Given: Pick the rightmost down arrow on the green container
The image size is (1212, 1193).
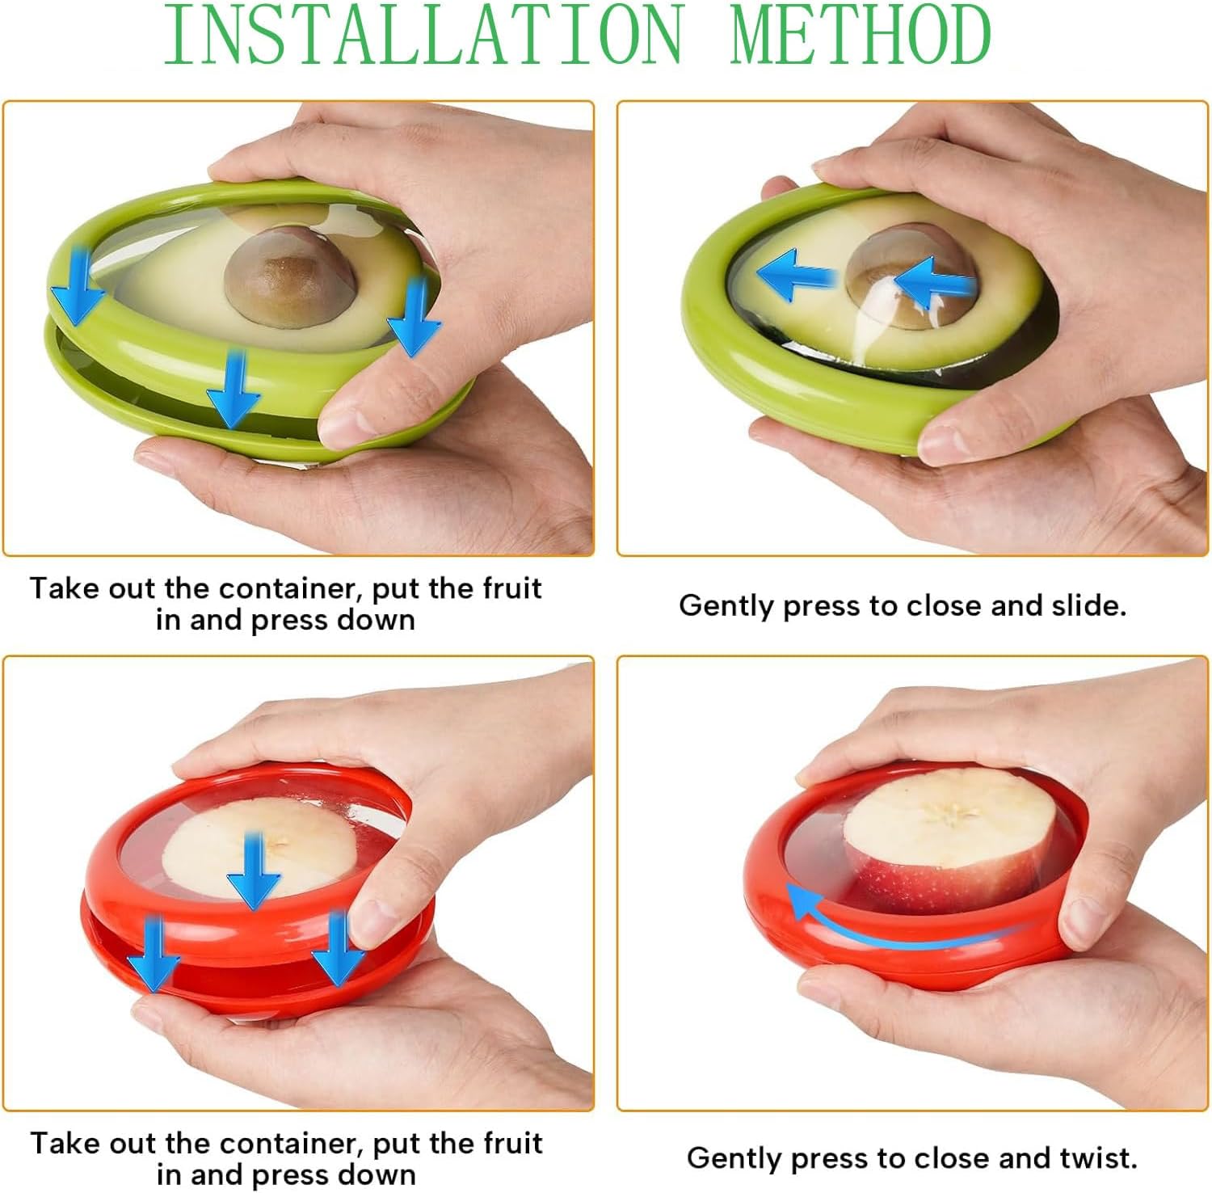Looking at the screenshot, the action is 415,317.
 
